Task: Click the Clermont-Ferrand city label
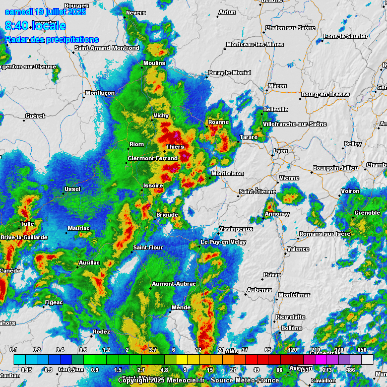point(153,158)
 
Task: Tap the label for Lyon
point(280,151)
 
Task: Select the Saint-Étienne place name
point(257,191)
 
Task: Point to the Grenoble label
point(367,213)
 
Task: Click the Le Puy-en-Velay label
point(223,242)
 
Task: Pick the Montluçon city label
point(100,93)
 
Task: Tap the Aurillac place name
point(89,263)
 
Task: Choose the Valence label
point(298,249)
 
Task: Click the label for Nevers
point(136,13)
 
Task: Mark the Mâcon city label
point(277,86)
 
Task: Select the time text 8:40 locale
point(35,25)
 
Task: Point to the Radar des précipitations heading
point(52,39)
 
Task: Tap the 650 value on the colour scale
point(362,350)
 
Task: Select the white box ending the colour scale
point(367,359)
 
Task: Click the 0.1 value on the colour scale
point(14,350)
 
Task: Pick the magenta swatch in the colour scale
point(321,359)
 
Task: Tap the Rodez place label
point(101,332)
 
